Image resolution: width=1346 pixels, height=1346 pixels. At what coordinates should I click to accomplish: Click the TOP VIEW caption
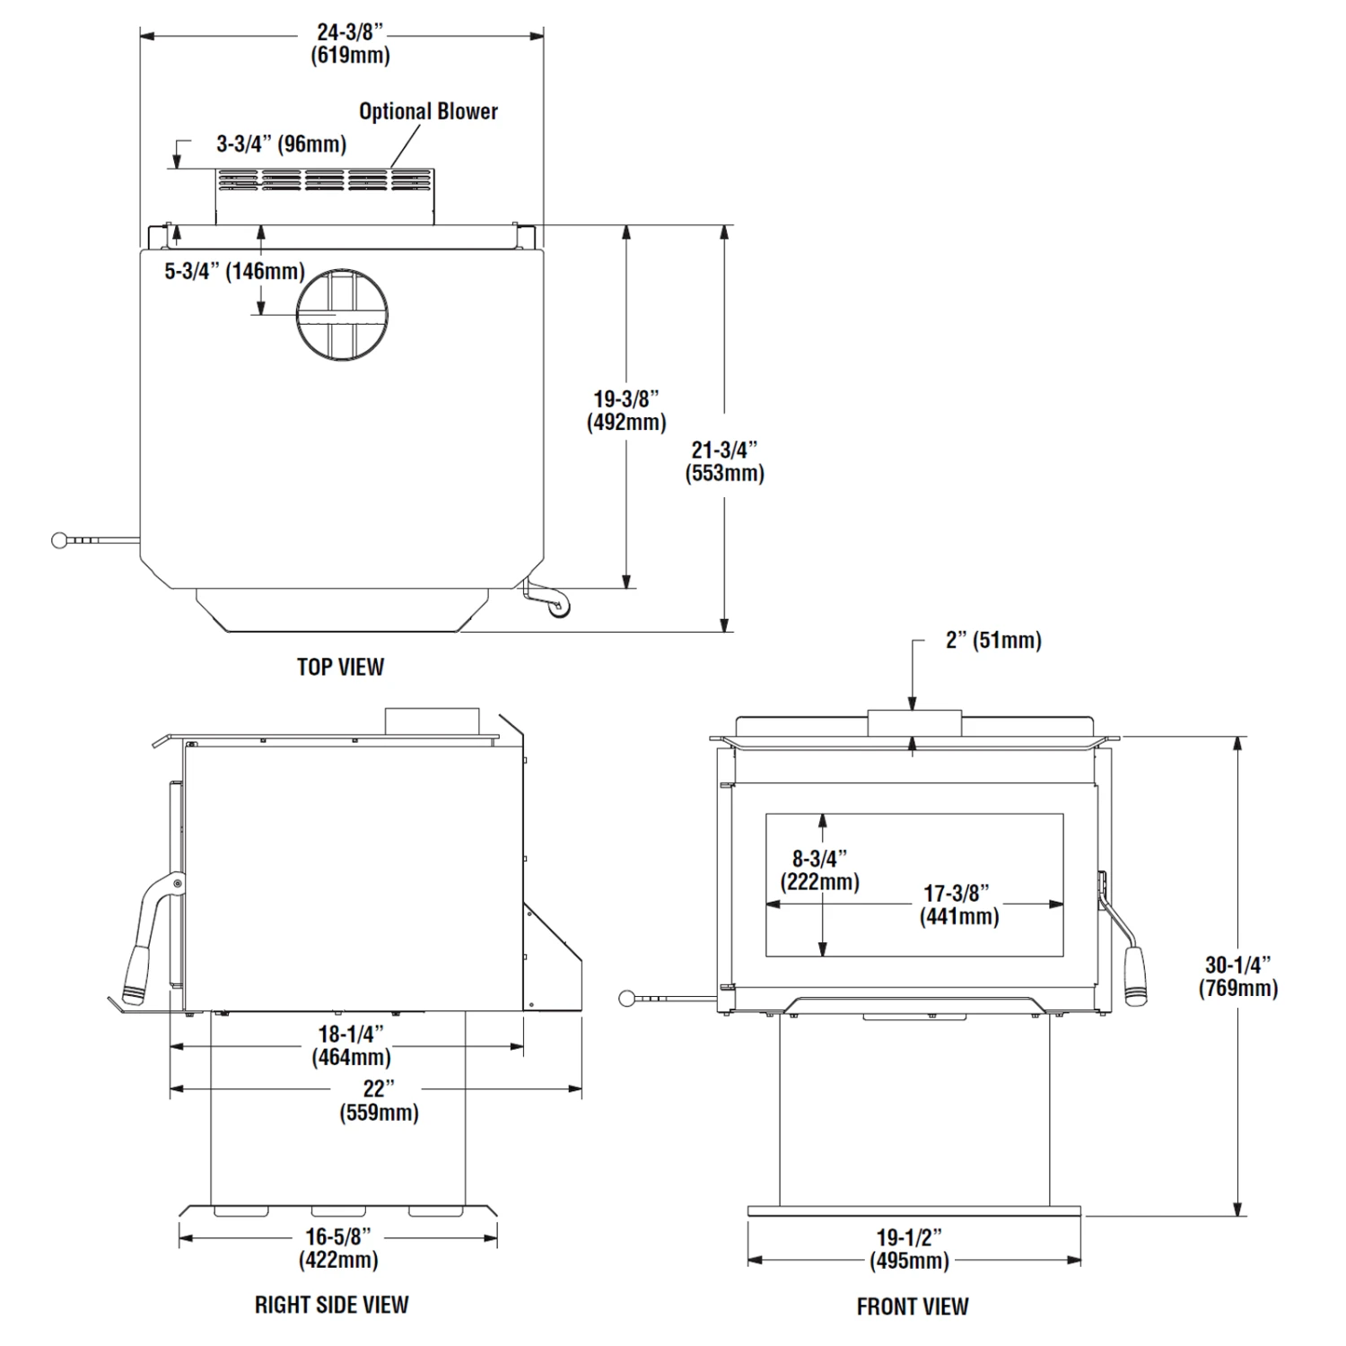coord(340,667)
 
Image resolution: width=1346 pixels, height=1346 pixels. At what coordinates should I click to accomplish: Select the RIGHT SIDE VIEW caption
coord(331,1305)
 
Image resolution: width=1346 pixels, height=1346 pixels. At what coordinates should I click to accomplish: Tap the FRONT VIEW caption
coord(912,1307)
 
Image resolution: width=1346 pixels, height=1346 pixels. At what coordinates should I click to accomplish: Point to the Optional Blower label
coord(428,111)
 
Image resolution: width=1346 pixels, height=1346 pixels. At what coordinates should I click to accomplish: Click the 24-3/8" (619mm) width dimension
coord(350,43)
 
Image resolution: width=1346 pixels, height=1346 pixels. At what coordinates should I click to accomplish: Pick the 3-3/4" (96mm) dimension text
coord(281,144)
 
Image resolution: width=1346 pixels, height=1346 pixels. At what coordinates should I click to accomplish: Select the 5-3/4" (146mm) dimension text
coord(234,271)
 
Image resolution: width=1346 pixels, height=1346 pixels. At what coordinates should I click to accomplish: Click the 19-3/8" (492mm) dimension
coord(626,410)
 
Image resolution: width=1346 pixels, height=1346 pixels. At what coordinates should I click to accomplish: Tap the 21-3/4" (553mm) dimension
coord(724,461)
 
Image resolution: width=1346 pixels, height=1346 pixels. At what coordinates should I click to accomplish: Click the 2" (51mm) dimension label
coord(993,641)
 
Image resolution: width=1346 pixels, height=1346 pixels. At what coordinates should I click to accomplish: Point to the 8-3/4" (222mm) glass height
coord(819,870)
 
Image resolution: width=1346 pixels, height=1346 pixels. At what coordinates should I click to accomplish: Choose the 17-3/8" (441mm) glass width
coord(958,905)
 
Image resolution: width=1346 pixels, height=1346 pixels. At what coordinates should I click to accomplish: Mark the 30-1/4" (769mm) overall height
coord(1237,976)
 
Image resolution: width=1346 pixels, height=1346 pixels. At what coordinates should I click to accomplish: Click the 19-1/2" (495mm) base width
coord(909,1249)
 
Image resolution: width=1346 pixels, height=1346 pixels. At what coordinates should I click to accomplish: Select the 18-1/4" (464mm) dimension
coord(351,1045)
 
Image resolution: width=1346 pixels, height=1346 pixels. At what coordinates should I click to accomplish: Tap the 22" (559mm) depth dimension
coord(379,1100)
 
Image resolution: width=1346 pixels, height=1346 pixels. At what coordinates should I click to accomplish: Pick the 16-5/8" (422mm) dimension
coord(338,1248)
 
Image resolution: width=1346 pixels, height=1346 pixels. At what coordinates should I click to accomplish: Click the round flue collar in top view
coord(343,314)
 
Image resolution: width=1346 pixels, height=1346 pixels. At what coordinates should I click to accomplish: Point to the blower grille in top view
coord(325,180)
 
